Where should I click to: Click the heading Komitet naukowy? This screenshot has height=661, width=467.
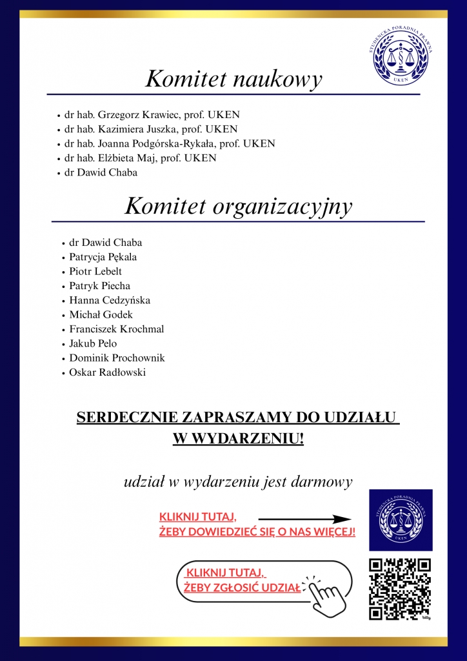coord(234,79)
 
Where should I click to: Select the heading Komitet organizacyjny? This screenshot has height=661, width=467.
coord(238,207)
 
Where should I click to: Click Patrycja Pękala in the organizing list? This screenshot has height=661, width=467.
coord(103,257)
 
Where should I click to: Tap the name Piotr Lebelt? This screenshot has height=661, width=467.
coord(95,271)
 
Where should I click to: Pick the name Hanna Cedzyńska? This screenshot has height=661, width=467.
coord(110,300)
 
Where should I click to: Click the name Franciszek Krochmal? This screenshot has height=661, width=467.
coord(117,329)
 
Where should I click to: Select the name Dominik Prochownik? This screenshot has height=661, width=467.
coord(117,358)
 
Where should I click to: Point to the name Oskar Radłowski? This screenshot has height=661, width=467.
coord(108,372)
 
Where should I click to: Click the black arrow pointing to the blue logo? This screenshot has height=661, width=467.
coord(304,518)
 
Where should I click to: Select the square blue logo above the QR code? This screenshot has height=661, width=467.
coord(401,520)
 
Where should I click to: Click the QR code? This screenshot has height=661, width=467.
coord(399,589)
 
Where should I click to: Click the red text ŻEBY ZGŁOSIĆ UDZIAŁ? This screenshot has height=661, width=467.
coord(242,587)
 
